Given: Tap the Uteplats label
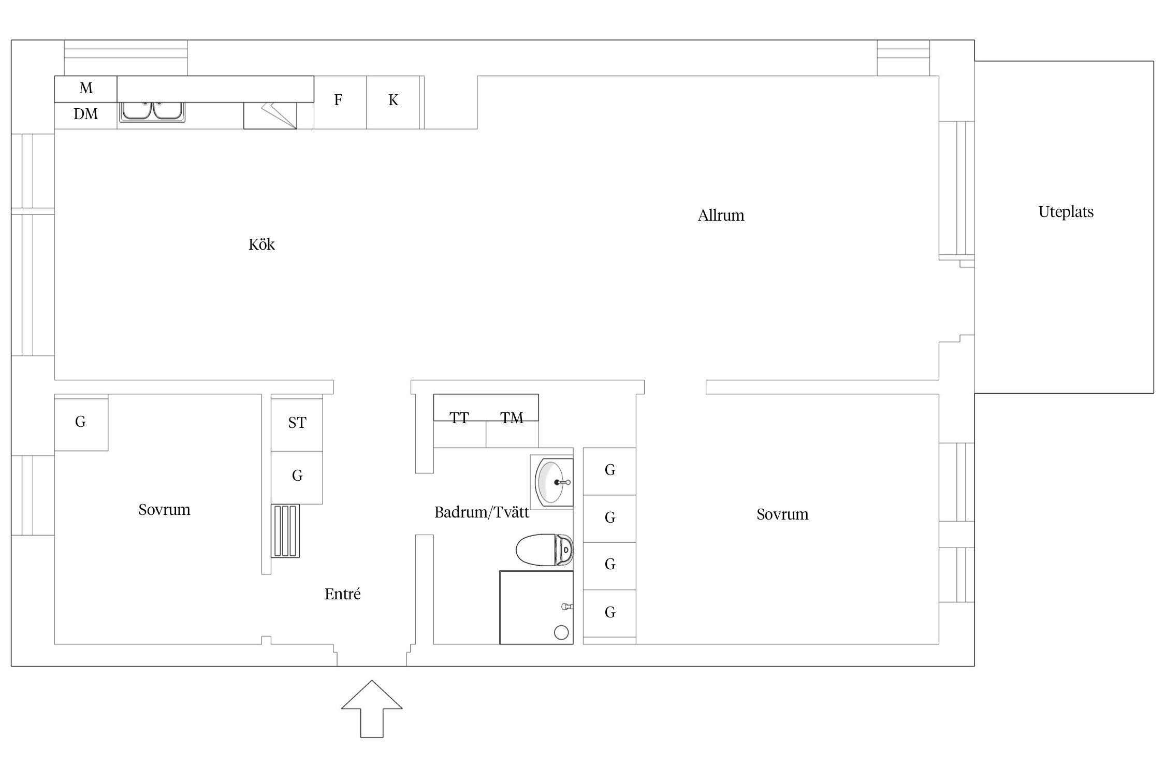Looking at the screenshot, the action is (1066, 212).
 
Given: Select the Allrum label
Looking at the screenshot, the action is (721, 215).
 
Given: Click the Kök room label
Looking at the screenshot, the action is (261, 244).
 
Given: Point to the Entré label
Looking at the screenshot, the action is (342, 594).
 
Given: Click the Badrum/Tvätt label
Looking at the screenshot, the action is (482, 512).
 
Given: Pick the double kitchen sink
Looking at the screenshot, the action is (152, 111).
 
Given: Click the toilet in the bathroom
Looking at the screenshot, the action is (545, 550).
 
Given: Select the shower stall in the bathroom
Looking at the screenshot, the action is (536, 608).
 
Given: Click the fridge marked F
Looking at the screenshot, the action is (340, 103).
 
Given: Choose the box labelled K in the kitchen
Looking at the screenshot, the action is (393, 103).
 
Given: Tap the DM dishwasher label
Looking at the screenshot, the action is (85, 114).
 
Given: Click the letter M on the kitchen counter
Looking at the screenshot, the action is (86, 88).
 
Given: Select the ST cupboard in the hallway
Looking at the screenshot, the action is (297, 425).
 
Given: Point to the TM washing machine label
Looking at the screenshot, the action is (512, 418).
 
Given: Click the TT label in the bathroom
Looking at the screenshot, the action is (459, 418).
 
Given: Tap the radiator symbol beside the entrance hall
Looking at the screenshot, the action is (285, 531).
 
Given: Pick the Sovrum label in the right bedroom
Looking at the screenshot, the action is (782, 514).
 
